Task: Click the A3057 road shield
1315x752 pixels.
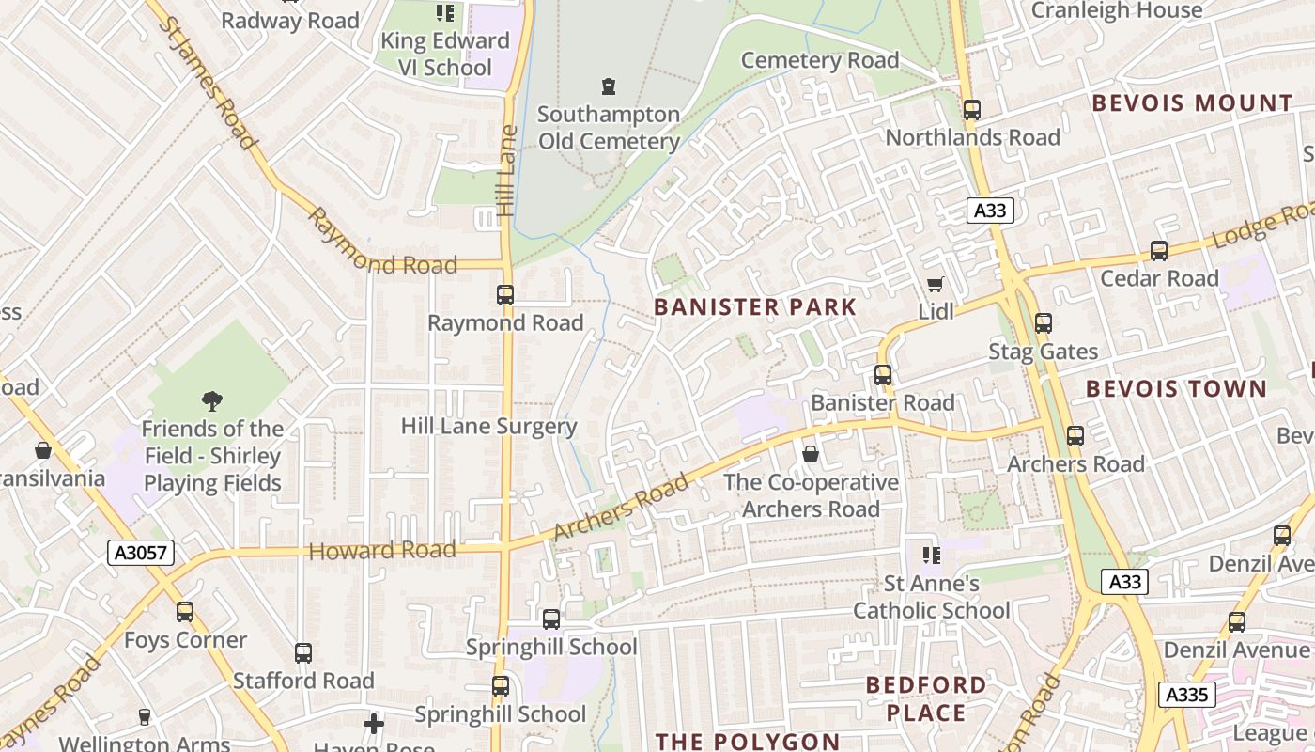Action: coord(141,553)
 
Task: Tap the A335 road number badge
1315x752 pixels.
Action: coord(1187,695)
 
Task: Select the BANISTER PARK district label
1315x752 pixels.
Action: coord(755,307)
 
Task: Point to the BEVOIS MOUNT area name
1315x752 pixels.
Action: coord(1193,103)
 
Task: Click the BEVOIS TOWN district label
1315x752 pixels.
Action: coord(1176,388)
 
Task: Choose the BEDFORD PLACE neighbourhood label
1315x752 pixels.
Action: coord(926,697)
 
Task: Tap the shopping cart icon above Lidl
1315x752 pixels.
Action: coord(935,284)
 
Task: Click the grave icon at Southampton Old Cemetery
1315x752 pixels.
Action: coord(609,86)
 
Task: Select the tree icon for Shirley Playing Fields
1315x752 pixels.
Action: coord(212,401)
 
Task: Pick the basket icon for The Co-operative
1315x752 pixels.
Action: coord(811,455)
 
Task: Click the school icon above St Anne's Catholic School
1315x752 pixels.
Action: coord(931,556)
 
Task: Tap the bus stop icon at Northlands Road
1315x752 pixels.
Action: coord(972,110)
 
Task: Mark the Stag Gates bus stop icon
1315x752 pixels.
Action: coord(1043,323)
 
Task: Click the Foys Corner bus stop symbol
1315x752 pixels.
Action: coord(185,612)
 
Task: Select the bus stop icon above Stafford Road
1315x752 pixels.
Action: coord(302,652)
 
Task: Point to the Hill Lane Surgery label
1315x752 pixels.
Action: coord(488,426)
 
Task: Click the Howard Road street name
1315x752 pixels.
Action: coord(382,551)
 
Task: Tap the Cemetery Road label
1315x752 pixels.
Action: coord(819,60)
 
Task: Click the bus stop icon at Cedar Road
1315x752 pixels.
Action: coord(1159,251)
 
